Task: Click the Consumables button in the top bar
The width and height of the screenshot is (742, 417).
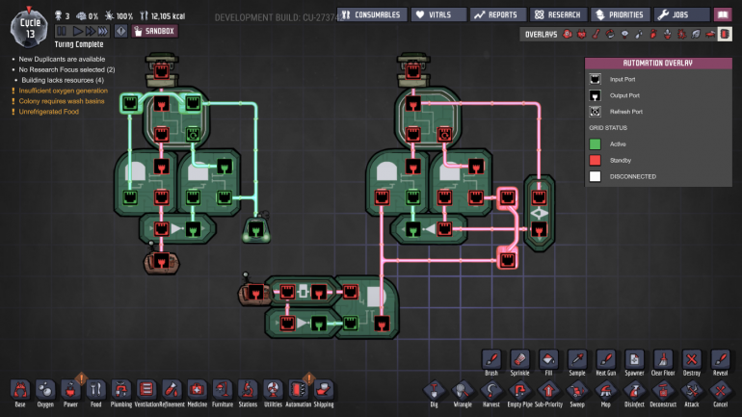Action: click(x=371, y=14)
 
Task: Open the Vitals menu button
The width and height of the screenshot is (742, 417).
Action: click(x=436, y=14)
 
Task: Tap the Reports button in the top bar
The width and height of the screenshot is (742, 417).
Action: click(x=498, y=14)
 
